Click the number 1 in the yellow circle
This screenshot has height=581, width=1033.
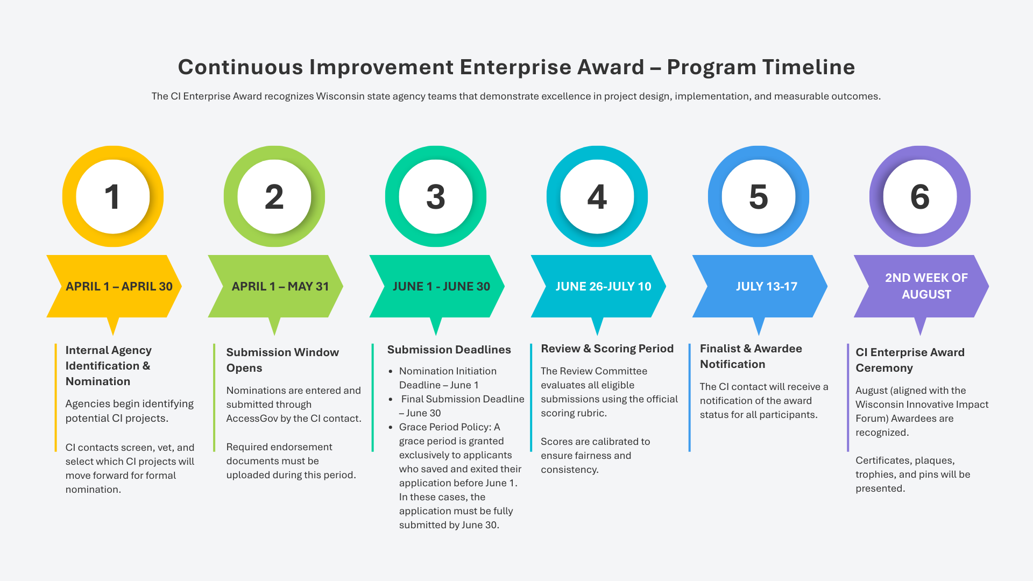point(112,197)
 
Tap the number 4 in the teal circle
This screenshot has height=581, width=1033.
point(597,197)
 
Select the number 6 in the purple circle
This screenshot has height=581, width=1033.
point(920,197)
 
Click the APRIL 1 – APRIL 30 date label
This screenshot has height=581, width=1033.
point(119,286)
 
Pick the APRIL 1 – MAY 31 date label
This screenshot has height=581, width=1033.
point(280,286)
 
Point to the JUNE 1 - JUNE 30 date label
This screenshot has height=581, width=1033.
point(441,286)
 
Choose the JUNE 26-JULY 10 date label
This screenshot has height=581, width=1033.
point(603,286)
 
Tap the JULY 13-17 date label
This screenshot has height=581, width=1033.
point(767,286)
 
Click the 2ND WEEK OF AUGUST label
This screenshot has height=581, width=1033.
point(926,286)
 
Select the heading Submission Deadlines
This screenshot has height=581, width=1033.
point(449,350)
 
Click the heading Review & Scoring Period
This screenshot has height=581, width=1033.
point(607,349)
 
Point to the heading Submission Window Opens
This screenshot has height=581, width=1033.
point(282,360)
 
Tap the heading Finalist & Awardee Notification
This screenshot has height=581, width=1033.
point(751,356)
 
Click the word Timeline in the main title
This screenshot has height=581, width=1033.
point(808,67)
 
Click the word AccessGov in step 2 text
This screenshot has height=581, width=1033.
point(252,419)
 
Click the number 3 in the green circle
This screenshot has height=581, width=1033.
point(436,197)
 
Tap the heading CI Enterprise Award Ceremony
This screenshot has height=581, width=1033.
point(910,360)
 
